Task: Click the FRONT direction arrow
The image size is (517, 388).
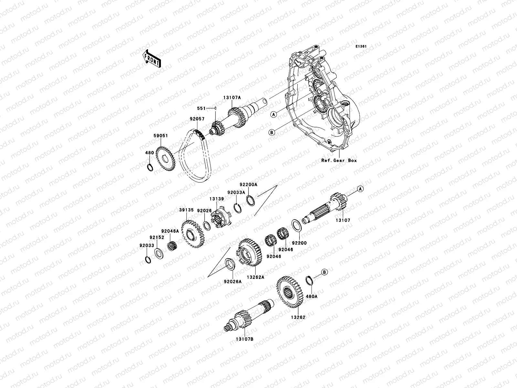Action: (x=152, y=59)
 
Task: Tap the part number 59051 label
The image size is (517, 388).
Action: (x=161, y=136)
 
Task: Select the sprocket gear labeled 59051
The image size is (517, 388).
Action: (x=165, y=158)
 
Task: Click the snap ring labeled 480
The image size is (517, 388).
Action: (x=150, y=167)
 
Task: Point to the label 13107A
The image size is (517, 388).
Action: (x=232, y=98)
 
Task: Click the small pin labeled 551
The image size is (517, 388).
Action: (x=215, y=108)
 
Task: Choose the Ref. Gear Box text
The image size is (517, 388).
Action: (x=339, y=160)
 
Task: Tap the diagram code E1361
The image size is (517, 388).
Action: (x=361, y=47)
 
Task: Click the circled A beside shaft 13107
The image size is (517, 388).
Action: (x=360, y=189)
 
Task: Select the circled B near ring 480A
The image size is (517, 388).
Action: (x=324, y=272)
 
